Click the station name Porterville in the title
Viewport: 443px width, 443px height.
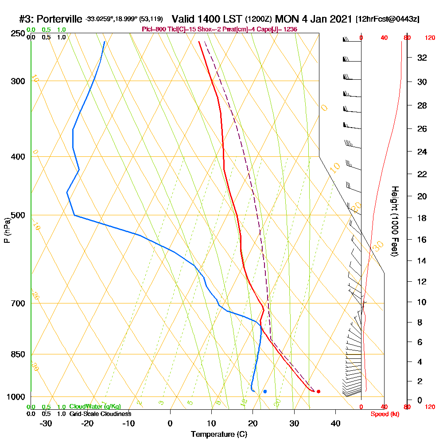coord(60,19)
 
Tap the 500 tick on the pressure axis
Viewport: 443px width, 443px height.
coord(19,215)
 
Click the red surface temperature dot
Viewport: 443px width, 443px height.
coord(319,391)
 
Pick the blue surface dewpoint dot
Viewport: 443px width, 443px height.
coord(265,391)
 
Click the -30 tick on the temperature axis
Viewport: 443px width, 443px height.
coord(46,423)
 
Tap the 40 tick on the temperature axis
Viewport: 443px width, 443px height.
coord(335,423)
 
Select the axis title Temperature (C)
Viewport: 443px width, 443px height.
coord(219,435)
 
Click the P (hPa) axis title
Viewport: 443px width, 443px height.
coord(7,230)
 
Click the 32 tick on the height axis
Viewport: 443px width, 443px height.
coord(422,58)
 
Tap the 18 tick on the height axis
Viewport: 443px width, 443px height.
coord(422,218)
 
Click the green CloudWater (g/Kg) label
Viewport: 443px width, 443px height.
coord(95,407)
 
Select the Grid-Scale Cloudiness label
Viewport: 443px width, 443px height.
coord(100,414)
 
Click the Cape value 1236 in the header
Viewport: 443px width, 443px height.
coord(289,29)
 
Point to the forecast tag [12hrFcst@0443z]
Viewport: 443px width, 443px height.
coord(387,19)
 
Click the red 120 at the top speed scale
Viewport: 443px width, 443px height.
coord(430,38)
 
